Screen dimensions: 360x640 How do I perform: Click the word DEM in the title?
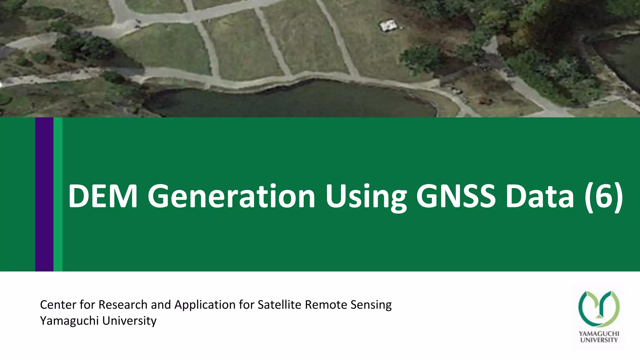pos(102,196)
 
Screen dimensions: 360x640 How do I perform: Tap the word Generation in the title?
pos(231,196)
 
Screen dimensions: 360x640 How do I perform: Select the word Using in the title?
pos(366,196)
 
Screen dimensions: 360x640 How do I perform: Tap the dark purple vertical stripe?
pos(44,194)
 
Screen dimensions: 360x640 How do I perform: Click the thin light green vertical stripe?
pos(58,194)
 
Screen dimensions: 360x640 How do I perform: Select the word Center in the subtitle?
pos(58,305)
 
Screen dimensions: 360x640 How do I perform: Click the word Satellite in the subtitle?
pos(279,305)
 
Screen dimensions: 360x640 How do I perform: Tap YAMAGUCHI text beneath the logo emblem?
pos(599,334)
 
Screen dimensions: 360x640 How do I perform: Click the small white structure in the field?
pos(388,25)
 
